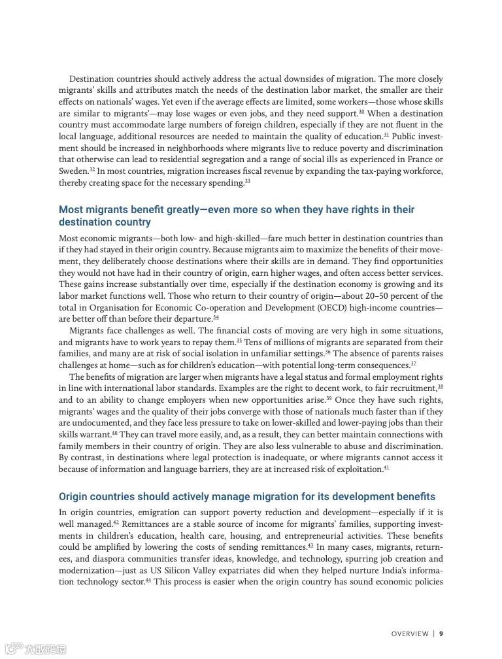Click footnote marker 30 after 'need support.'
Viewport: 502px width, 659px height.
click(361, 111)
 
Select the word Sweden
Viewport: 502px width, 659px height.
click(73, 171)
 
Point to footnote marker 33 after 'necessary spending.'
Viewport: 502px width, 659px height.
click(248, 180)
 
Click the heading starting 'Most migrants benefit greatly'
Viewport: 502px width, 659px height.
click(237, 216)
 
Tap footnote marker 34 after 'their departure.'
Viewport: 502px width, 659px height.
click(216, 317)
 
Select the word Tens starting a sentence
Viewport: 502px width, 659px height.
click(254, 342)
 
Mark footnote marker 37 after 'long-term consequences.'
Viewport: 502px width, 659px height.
click(413, 363)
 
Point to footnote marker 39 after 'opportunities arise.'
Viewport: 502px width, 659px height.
click(329, 398)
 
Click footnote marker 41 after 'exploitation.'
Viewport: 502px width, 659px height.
click(386, 467)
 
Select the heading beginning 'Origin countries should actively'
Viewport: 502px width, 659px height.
click(247, 497)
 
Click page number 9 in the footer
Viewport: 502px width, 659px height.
click(441, 634)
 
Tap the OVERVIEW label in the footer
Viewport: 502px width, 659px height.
click(410, 634)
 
